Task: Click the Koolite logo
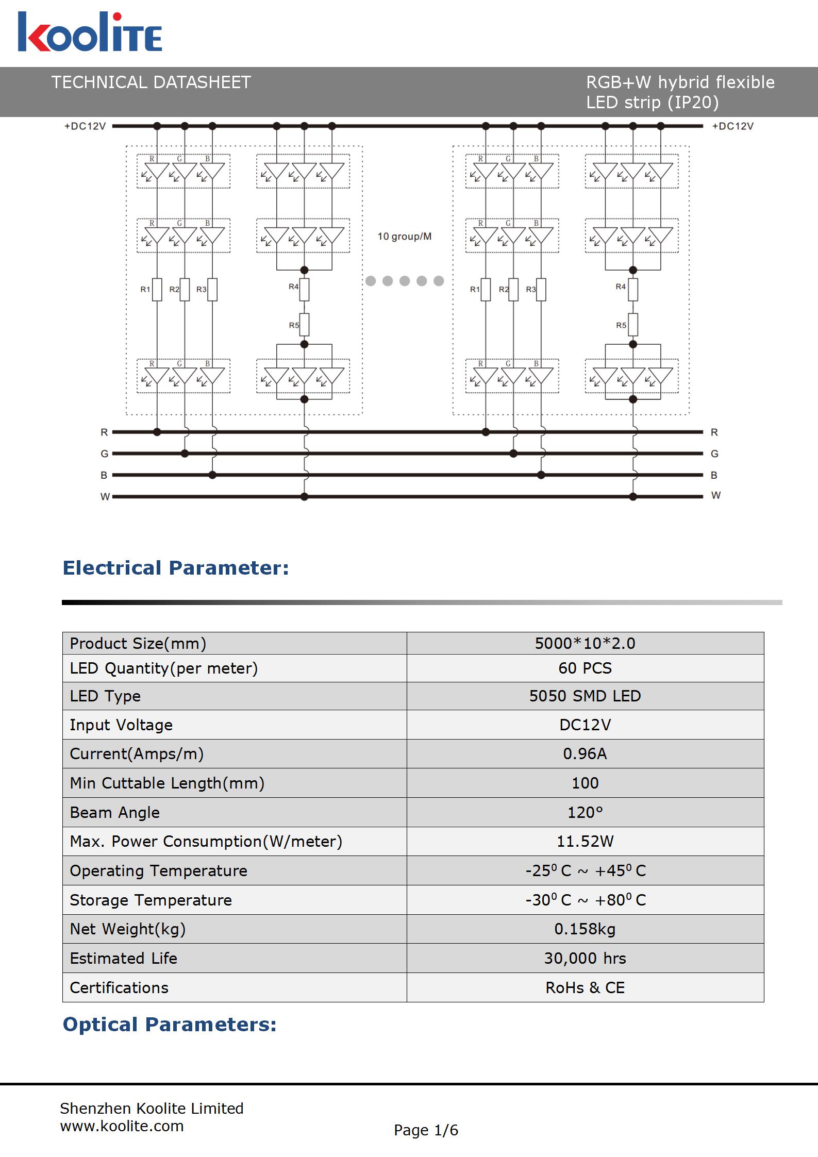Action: click(x=90, y=32)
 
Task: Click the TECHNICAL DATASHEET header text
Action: click(x=151, y=82)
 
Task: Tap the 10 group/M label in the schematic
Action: click(x=405, y=237)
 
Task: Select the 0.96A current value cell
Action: click(x=585, y=753)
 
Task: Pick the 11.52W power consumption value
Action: click(x=585, y=841)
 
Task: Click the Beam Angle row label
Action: click(x=115, y=812)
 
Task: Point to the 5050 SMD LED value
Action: click(x=585, y=696)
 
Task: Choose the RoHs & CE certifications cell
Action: click(x=585, y=987)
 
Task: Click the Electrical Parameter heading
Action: click(x=176, y=568)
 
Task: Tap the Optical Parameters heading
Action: click(x=170, y=1025)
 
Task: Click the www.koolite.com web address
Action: click(x=122, y=1126)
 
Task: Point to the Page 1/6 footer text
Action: click(x=426, y=1130)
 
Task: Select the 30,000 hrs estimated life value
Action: click(x=585, y=958)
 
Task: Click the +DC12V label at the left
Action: click(x=85, y=126)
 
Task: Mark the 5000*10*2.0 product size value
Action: click(x=585, y=643)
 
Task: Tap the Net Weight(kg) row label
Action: click(x=128, y=929)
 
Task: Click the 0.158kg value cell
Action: click(x=585, y=929)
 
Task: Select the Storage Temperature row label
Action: click(x=151, y=900)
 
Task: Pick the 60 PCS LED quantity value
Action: click(x=585, y=668)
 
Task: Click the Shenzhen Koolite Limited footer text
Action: click(x=152, y=1109)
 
